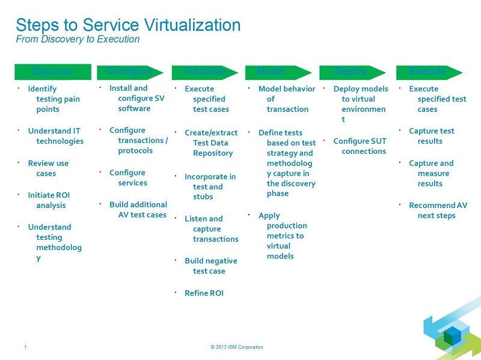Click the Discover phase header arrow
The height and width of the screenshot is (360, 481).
[53, 72]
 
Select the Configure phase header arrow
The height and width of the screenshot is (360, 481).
[130, 72]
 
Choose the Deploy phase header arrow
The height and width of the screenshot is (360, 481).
[352, 72]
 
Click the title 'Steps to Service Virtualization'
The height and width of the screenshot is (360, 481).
[128, 25]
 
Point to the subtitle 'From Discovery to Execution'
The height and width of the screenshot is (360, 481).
[78, 40]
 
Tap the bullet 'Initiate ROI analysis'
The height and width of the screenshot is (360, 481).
[51, 200]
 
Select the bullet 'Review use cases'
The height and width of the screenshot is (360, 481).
[48, 168]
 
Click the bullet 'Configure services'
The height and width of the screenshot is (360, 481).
[128, 178]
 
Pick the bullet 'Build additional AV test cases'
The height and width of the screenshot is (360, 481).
[138, 210]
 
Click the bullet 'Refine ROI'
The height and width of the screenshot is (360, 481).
[204, 293]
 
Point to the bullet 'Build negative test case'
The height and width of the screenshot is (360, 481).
[210, 266]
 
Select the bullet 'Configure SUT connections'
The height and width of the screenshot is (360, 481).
[360, 146]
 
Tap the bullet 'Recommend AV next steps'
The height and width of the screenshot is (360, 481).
[437, 210]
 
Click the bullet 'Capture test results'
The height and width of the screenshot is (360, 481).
[431, 136]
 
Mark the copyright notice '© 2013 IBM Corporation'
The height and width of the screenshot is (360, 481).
[237, 347]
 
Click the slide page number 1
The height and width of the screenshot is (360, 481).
[25, 347]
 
